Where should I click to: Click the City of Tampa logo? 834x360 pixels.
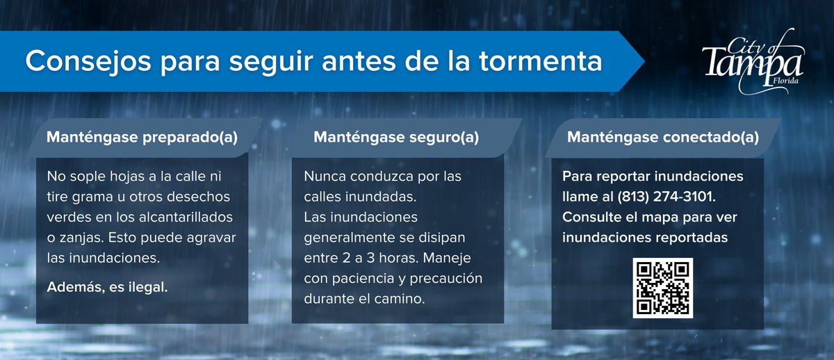(x=753, y=61)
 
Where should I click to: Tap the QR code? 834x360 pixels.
(x=663, y=288)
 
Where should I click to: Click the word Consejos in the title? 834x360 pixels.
(x=88, y=61)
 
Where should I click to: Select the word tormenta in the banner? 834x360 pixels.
(x=540, y=61)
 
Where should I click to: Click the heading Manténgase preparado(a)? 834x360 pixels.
(x=142, y=138)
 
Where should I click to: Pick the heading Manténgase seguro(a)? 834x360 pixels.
(x=396, y=138)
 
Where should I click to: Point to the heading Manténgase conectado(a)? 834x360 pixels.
(x=663, y=138)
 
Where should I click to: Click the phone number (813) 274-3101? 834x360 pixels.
(x=666, y=197)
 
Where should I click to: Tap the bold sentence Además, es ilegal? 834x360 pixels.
(x=107, y=287)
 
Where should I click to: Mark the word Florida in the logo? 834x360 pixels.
(x=785, y=81)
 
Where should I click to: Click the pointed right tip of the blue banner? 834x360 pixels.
(x=644, y=61)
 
